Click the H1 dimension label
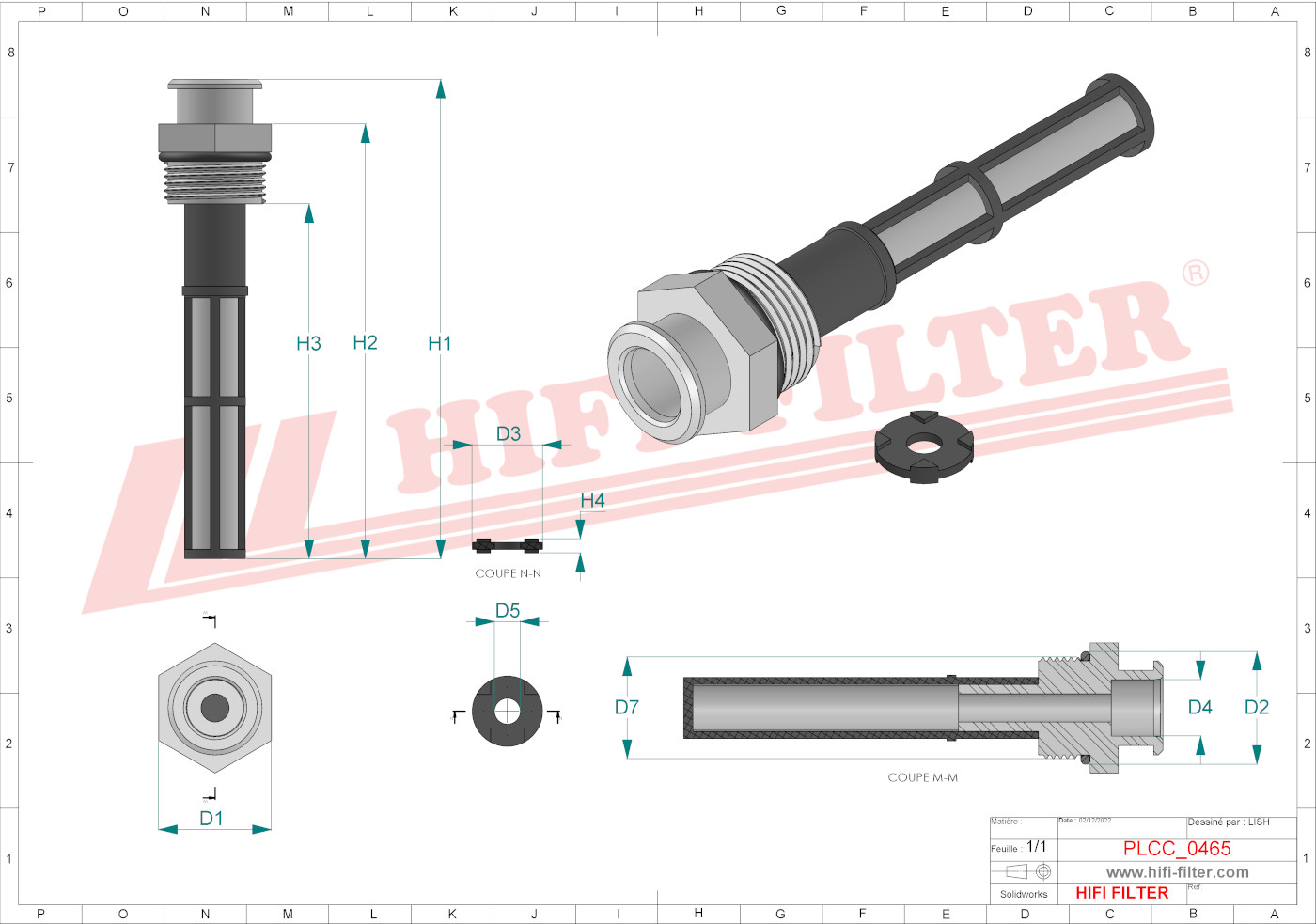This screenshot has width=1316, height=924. click(x=440, y=344)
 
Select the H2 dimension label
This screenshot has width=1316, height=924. click(x=365, y=343)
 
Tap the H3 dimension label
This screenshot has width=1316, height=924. click(x=308, y=344)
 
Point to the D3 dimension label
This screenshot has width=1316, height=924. click(x=508, y=433)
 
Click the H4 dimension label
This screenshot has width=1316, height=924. click(x=592, y=500)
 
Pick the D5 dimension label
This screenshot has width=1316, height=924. click(x=508, y=611)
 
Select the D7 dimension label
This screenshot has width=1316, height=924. click(x=627, y=707)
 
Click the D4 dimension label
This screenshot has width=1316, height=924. click(x=1199, y=707)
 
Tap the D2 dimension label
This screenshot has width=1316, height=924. click(x=1256, y=707)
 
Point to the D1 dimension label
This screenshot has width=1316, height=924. click(x=211, y=819)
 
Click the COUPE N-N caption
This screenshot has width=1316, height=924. click(x=508, y=573)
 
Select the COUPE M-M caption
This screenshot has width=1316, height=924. click(x=922, y=777)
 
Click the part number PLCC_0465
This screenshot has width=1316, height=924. click(x=1177, y=849)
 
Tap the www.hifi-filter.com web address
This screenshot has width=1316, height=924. click(x=1177, y=872)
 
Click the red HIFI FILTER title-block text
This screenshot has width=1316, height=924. click(x=1121, y=893)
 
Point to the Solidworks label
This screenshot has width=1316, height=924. click(x=1024, y=894)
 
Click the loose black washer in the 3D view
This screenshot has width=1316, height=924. click(x=924, y=446)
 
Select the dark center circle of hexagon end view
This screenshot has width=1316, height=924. click(x=214, y=707)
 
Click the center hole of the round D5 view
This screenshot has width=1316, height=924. click(x=507, y=711)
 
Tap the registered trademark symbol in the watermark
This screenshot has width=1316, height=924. click(x=1195, y=274)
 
